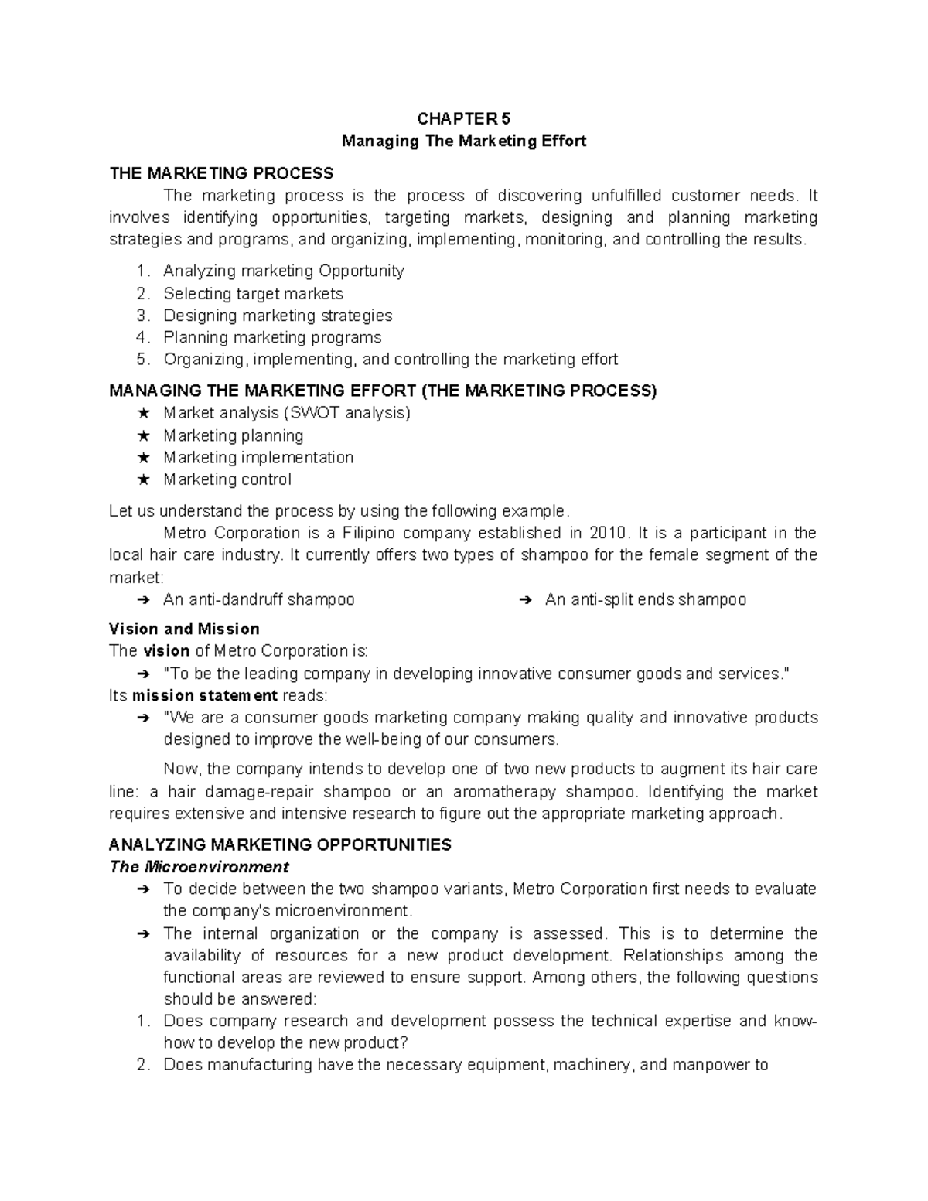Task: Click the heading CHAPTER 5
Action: point(464,118)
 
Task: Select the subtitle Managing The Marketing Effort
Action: point(464,141)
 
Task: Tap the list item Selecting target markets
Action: point(253,293)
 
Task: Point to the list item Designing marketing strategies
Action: point(278,316)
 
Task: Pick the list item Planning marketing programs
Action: point(272,337)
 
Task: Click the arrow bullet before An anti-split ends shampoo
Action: point(524,600)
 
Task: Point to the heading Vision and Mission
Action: point(184,629)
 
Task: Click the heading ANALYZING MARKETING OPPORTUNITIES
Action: point(280,844)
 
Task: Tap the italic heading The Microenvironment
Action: point(199,866)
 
